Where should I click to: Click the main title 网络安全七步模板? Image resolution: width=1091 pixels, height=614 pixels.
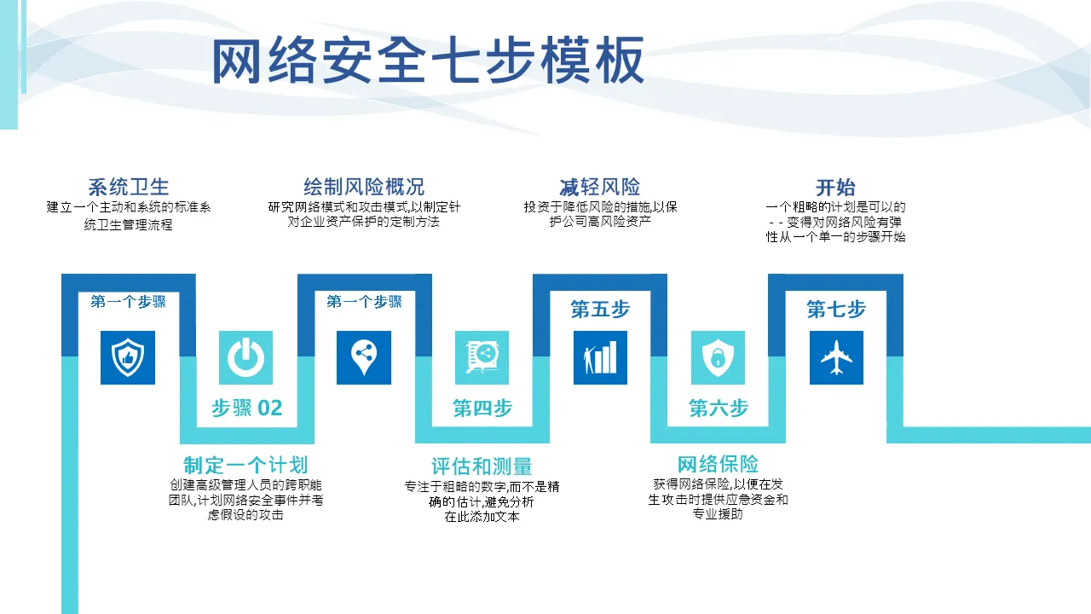pyautogui.click(x=429, y=61)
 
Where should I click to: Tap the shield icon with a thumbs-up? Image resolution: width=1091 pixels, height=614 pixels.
pyautogui.click(x=128, y=357)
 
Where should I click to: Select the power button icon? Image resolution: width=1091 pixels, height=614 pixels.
pyautogui.click(x=245, y=357)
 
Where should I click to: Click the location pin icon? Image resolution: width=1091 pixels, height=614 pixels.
pyautogui.click(x=364, y=357)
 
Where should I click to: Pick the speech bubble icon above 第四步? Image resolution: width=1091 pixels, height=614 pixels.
pyautogui.click(x=482, y=357)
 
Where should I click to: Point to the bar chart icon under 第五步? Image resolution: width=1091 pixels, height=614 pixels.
pyautogui.click(x=600, y=357)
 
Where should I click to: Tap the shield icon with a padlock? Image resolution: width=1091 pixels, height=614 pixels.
pyautogui.click(x=718, y=357)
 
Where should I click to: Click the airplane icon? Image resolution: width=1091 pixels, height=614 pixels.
pyautogui.click(x=836, y=357)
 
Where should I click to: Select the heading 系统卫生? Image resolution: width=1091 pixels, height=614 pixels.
pyautogui.click(x=129, y=187)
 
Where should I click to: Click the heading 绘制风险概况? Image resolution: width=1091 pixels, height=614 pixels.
pyautogui.click(x=364, y=187)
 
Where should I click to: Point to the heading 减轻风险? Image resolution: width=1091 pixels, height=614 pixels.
pyautogui.click(x=600, y=187)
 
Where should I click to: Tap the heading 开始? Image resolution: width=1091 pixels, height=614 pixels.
pyautogui.click(x=836, y=187)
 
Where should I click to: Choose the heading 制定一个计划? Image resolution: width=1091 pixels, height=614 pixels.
pyautogui.click(x=245, y=465)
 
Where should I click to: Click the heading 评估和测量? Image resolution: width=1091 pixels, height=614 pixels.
pyautogui.click(x=482, y=466)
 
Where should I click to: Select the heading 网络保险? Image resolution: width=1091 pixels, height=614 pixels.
pyautogui.click(x=718, y=465)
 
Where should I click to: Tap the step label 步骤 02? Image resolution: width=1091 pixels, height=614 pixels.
pyautogui.click(x=247, y=408)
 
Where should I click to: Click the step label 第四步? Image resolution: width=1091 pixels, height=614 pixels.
pyautogui.click(x=482, y=408)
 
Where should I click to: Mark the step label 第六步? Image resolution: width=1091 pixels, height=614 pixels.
pyautogui.click(x=719, y=408)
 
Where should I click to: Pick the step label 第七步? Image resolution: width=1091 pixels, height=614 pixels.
pyautogui.click(x=836, y=309)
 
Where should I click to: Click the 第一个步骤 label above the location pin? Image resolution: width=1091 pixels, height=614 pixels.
pyautogui.click(x=364, y=302)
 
